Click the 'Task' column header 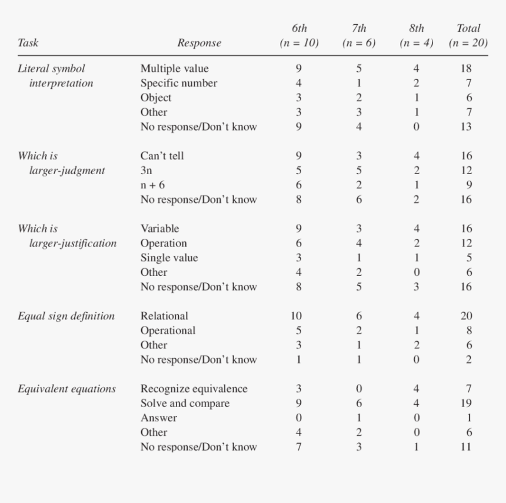click(28, 43)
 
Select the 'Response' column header click(199, 43)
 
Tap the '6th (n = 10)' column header click(299, 36)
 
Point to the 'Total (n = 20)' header click(468, 36)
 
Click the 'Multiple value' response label click(174, 69)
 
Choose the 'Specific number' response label click(178, 83)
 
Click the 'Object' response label click(156, 98)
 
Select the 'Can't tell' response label click(162, 156)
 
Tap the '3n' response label click(147, 171)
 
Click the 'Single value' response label click(169, 258)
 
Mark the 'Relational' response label click(164, 316)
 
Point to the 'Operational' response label click(168, 331)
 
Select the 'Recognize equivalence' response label click(194, 389)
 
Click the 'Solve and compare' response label click(185, 404)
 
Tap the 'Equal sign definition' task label click(66, 316)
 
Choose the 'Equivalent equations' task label click(66, 389)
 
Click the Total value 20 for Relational click(466, 316)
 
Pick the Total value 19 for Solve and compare click(466, 404)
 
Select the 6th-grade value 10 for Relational click(297, 316)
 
